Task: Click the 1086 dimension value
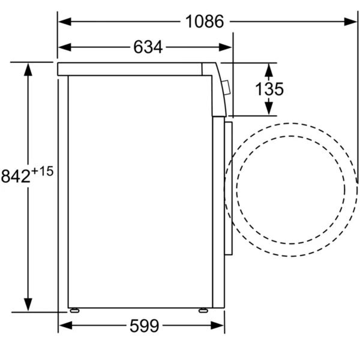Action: pos(205,22)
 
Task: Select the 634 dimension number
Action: pos(148,47)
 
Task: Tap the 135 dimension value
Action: pos(269,89)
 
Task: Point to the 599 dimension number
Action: pos(144,326)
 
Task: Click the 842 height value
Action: pos(16,176)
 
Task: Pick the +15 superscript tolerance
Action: pos(42,171)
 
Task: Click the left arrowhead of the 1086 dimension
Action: pos(65,22)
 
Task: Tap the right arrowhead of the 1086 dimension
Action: pos(350,22)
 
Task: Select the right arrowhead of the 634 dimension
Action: pos(225,47)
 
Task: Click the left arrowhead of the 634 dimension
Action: pos(65,47)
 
